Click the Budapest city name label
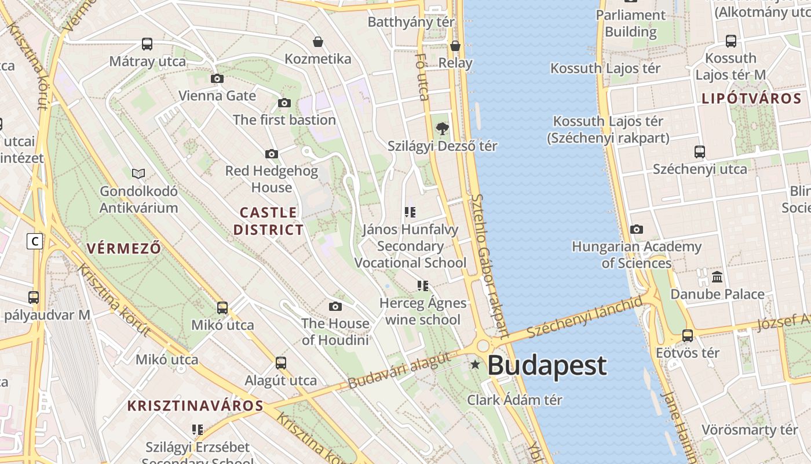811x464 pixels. (x=547, y=365)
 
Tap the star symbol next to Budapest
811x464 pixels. (x=475, y=365)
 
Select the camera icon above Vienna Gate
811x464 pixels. (x=217, y=78)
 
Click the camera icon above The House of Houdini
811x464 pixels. (x=335, y=306)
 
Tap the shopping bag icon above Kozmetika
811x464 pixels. (x=317, y=42)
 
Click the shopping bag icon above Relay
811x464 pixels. (x=455, y=46)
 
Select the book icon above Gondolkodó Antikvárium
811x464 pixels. (x=138, y=173)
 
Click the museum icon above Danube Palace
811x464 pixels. (x=717, y=277)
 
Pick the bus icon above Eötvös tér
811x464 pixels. (x=688, y=335)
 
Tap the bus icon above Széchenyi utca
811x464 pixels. (x=700, y=152)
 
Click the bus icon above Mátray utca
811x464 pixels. (x=147, y=44)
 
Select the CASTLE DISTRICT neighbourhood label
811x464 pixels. (x=268, y=221)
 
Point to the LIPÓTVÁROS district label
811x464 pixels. (x=751, y=99)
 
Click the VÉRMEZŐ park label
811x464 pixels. (x=124, y=248)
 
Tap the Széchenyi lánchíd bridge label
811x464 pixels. (x=585, y=317)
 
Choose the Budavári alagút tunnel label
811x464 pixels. (x=399, y=371)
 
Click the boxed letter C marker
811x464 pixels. (x=35, y=241)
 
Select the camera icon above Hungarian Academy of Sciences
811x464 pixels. (x=637, y=229)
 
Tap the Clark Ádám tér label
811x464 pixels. (x=514, y=400)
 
